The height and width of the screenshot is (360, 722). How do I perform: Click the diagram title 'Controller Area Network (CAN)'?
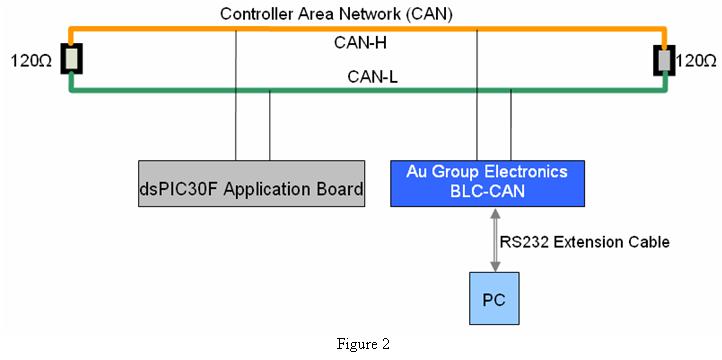click(336, 14)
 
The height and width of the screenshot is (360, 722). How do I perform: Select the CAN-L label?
click(373, 77)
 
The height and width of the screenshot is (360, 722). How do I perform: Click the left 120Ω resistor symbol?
click(71, 58)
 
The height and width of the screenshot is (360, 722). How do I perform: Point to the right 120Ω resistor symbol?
click(664, 60)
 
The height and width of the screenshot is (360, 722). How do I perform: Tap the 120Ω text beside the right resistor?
click(695, 61)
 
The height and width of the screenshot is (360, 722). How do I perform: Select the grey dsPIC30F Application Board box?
click(252, 183)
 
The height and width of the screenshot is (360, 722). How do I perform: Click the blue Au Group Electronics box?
click(488, 183)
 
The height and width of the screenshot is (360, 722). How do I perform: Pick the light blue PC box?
click(494, 298)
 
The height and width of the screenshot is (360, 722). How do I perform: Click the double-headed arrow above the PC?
click(495, 239)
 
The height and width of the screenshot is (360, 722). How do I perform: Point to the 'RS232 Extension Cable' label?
click(584, 242)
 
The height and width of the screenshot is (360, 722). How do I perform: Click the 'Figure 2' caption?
click(363, 344)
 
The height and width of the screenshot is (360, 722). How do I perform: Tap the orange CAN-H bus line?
click(367, 29)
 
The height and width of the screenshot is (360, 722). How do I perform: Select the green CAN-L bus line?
click(367, 90)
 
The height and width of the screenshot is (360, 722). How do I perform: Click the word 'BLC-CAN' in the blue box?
click(488, 191)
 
